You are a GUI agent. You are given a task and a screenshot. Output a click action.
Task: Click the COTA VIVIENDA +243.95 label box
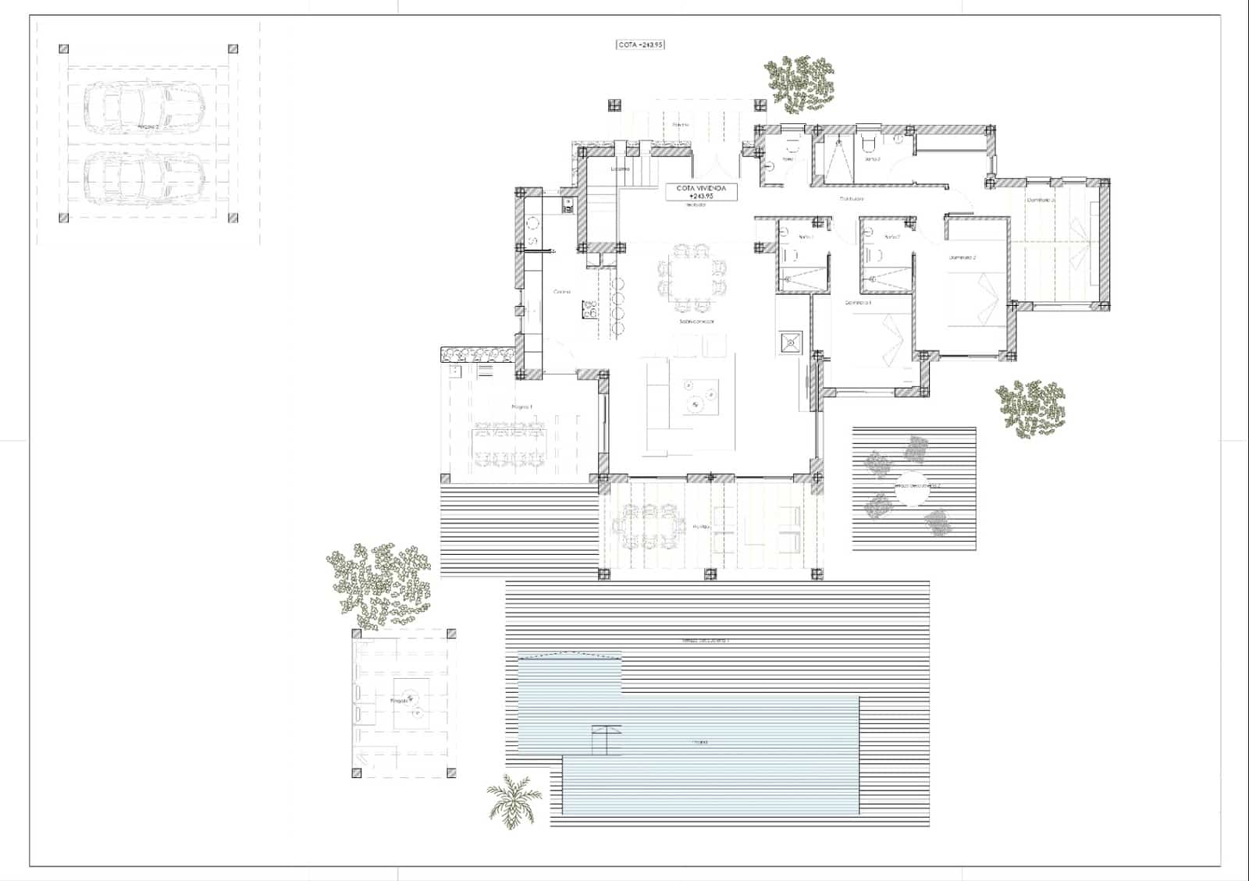pos(701,192)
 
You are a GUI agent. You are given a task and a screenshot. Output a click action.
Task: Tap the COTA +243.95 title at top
pos(640,45)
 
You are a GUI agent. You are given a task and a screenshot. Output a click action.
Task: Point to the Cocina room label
pos(562,292)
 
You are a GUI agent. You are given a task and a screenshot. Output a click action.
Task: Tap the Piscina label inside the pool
pos(699,742)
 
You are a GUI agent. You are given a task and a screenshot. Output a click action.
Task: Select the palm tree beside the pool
pos(514,800)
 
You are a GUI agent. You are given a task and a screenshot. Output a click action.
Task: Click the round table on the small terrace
pos(911,485)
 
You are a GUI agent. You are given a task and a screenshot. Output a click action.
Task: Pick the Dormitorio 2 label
pos(963,258)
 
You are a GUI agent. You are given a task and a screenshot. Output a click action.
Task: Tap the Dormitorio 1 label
pos(858,303)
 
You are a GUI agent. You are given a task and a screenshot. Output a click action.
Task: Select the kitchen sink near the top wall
pos(568,205)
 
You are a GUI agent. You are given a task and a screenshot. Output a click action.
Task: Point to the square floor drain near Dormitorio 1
pos(791,342)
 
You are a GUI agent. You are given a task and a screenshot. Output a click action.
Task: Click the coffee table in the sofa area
pos(700,396)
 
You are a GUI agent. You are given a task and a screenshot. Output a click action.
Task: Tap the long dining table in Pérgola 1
pos(511,444)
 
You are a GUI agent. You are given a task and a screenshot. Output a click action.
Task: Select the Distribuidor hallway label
pos(852,199)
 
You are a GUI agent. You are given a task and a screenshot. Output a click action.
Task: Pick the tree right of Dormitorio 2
pos(1031,407)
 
